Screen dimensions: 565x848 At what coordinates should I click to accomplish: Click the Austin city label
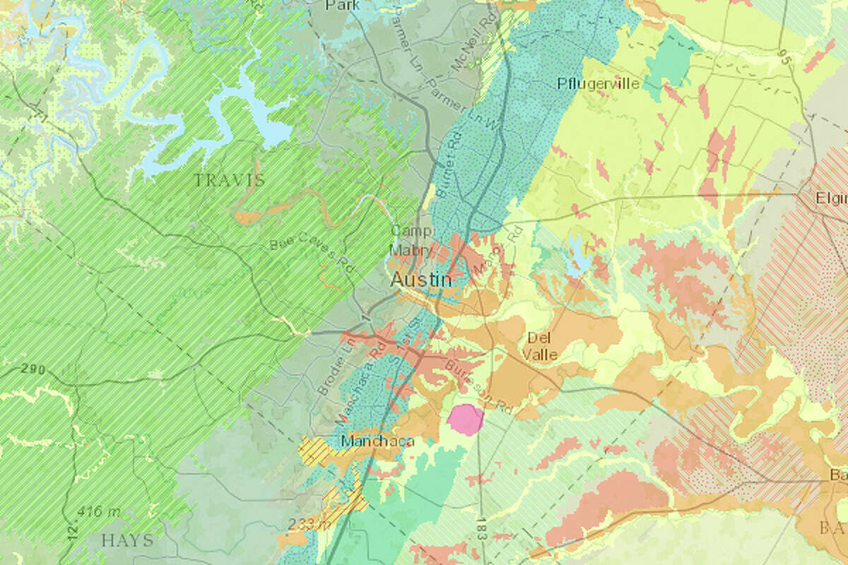pos(421,280)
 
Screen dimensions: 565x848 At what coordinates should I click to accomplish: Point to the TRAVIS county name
pos(230,180)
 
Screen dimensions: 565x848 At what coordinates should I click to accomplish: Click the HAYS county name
pos(127,540)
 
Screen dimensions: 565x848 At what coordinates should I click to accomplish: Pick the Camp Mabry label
pos(410,240)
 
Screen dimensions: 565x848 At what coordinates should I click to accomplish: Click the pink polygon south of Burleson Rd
pos(465,419)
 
